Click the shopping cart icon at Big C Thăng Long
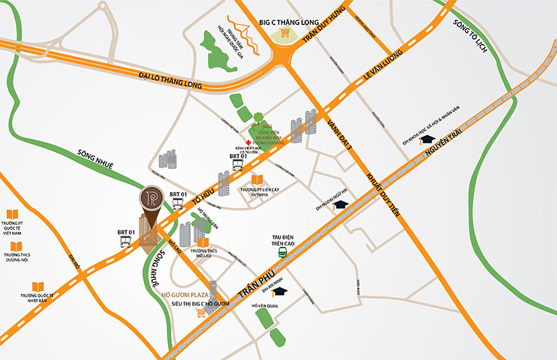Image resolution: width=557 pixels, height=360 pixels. pyautogui.click(x=285, y=34)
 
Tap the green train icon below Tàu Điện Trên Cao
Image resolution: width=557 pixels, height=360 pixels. pyautogui.click(x=282, y=253)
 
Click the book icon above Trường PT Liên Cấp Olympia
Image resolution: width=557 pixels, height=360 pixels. pyautogui.click(x=257, y=180)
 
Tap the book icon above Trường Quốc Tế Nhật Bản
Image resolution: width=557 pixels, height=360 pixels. pyautogui.click(x=39, y=285)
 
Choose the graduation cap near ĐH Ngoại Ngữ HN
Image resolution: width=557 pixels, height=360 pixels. pyautogui.click(x=341, y=203)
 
